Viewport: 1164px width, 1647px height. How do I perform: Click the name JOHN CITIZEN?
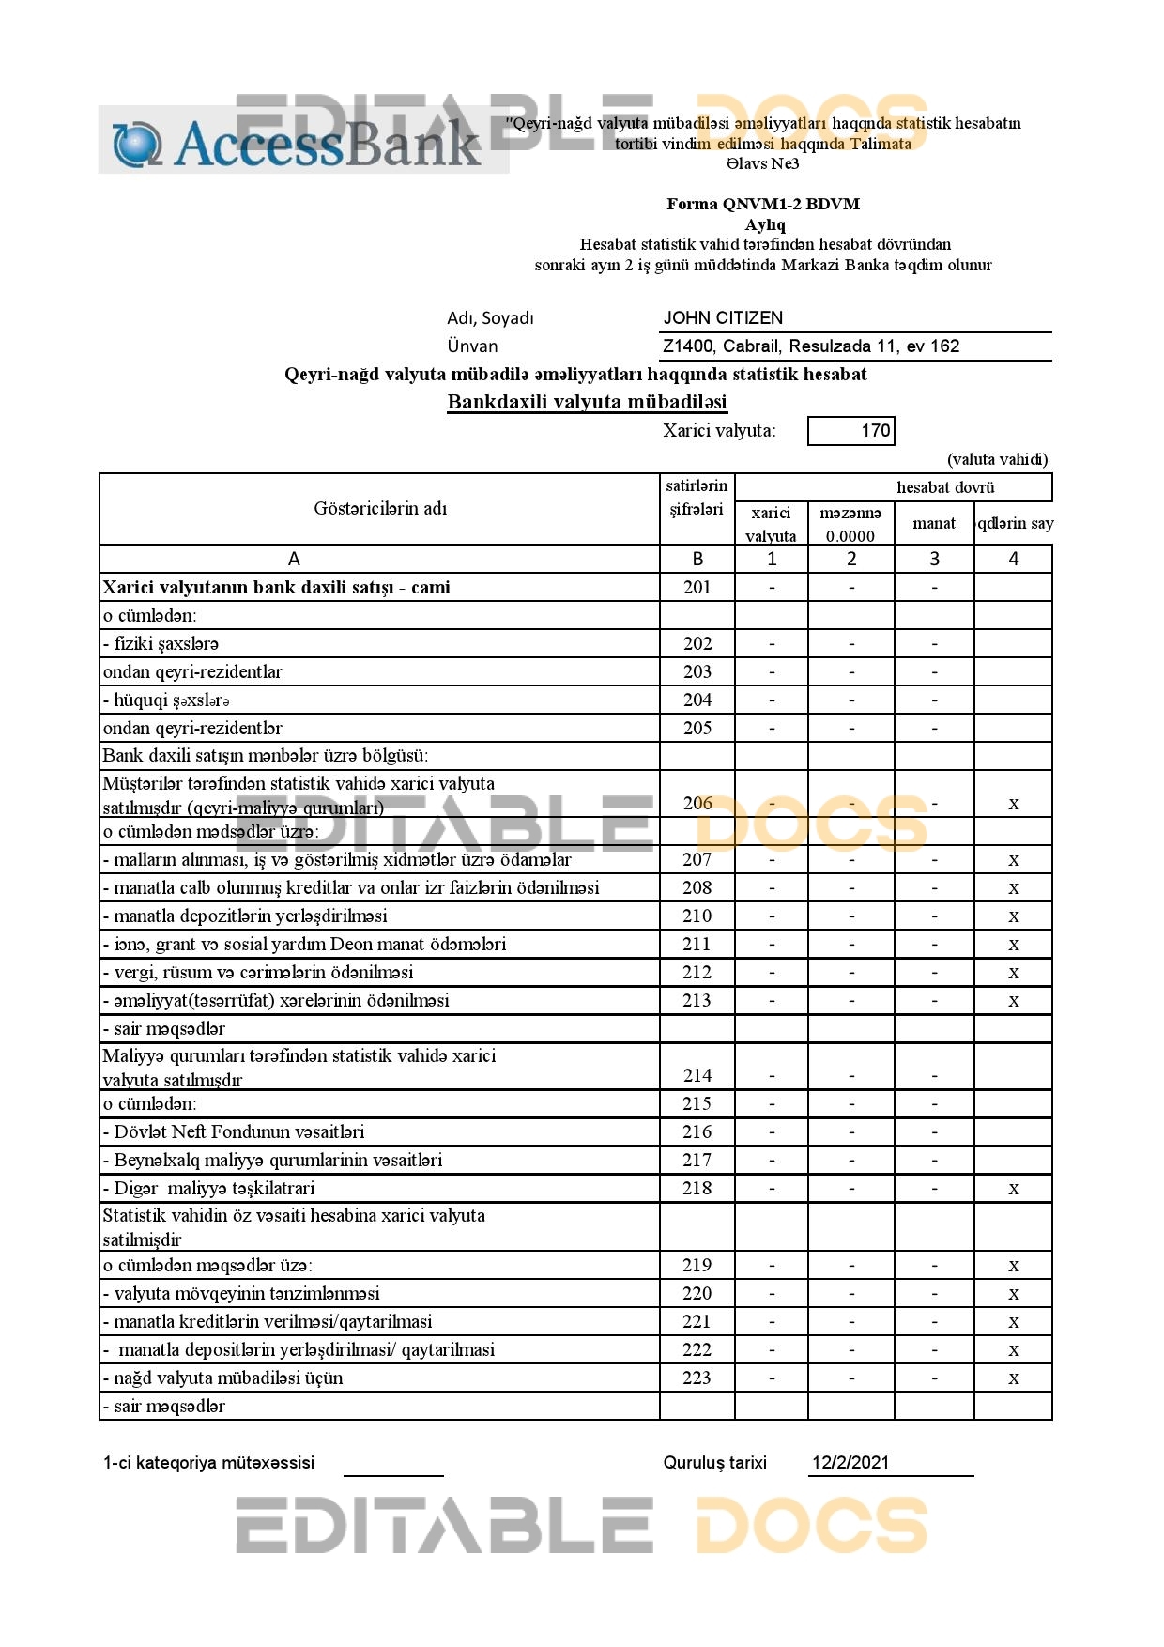coord(723,318)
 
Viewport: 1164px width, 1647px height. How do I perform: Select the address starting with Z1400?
coord(811,346)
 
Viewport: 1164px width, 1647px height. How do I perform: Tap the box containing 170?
coord(851,431)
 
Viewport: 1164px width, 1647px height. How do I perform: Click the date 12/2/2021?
coord(850,1462)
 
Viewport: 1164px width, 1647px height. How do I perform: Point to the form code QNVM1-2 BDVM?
coord(763,204)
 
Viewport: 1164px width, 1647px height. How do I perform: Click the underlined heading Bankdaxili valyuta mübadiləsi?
coord(587,402)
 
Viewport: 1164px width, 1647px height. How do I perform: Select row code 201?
coord(697,588)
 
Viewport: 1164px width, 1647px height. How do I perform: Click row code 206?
coord(697,803)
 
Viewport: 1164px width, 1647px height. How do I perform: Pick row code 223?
coord(697,1378)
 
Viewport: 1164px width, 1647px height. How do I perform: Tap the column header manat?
coord(934,524)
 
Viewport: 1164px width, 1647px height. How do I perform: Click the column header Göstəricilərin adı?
coord(380,509)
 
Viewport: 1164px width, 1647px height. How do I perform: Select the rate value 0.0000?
coord(850,537)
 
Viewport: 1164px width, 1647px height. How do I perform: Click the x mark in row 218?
coord(1014,1189)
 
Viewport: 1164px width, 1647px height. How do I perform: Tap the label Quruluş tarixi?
coord(714,1462)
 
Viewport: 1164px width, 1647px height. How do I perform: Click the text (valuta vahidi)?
coord(997,459)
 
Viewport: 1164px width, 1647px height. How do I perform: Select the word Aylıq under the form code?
coord(764,224)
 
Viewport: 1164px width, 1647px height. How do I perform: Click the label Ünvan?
coord(472,346)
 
